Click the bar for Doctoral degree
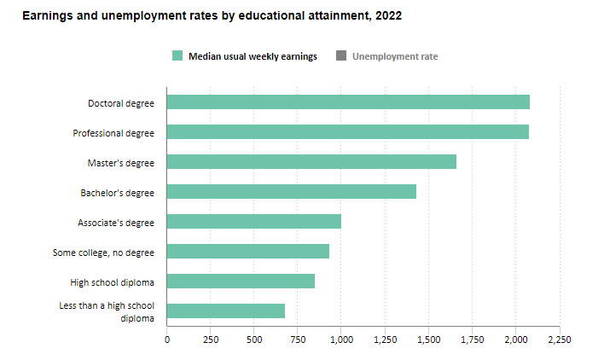point(348,102)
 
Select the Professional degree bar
point(347,132)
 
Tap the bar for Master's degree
point(311,162)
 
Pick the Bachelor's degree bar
point(291,192)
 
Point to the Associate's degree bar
point(253,222)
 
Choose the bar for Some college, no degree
point(247,252)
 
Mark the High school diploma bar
point(241,282)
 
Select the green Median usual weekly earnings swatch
point(177,56)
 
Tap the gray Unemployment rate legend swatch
point(341,56)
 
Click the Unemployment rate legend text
point(395,56)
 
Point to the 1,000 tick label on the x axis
point(341,340)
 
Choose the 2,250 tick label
point(559,340)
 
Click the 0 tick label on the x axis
point(167,340)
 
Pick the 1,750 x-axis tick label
point(472,340)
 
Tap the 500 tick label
point(254,340)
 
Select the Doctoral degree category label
point(121,103)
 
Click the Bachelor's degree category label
point(117,193)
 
